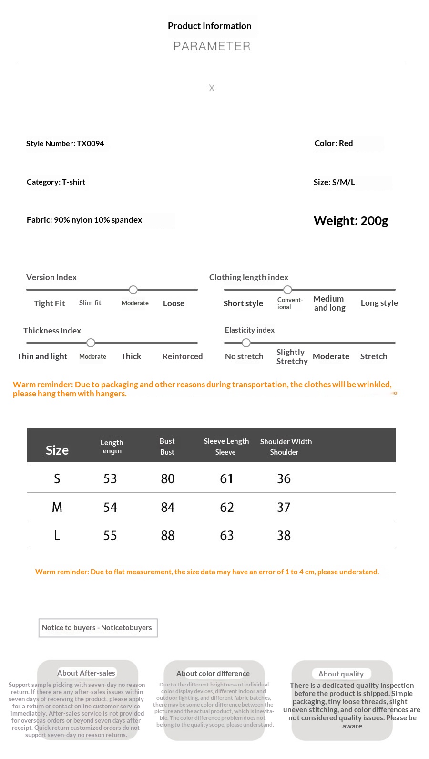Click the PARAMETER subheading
(x=212, y=46)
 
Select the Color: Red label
(x=334, y=143)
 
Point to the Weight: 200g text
(x=351, y=221)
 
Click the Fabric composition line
(x=84, y=220)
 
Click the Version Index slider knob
(x=133, y=290)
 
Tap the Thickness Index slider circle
(x=91, y=343)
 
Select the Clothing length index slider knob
(x=287, y=290)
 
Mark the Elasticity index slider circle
(x=246, y=343)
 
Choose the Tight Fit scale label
(x=49, y=303)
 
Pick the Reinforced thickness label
(x=183, y=356)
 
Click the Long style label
(x=379, y=303)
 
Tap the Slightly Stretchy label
(x=292, y=356)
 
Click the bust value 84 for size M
(x=168, y=507)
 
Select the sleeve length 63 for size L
(x=227, y=535)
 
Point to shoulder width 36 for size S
(x=284, y=478)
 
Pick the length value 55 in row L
(x=110, y=535)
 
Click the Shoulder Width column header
(x=286, y=442)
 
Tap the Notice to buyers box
(x=97, y=628)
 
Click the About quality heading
(x=341, y=674)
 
